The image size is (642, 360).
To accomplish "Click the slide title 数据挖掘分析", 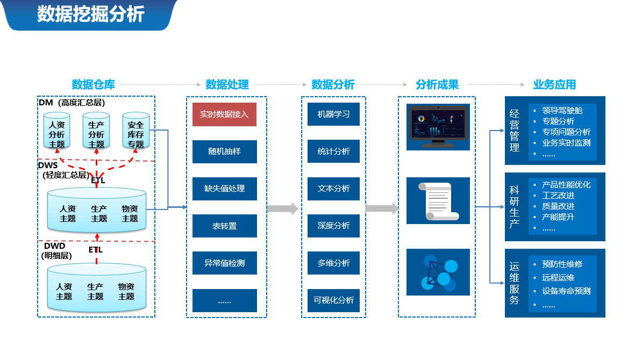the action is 90,14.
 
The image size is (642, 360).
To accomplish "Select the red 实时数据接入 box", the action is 224,114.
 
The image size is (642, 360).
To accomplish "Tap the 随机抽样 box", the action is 224,152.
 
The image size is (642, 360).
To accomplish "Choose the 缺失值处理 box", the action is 224,189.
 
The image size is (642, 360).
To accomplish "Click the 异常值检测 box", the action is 224,263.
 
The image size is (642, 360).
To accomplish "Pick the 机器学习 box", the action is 333,114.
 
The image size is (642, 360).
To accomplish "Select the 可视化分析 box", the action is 333,300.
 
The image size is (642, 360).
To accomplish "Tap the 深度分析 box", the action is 333,226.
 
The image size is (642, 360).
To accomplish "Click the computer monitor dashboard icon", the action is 438,127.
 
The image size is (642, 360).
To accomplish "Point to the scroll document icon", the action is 438,201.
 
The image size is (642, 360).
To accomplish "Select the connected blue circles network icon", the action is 438,272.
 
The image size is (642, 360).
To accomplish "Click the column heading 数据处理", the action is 227,85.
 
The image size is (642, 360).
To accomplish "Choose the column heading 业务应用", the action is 554,85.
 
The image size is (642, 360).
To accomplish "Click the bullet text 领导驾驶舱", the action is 562,111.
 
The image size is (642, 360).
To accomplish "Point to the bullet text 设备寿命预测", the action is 566,291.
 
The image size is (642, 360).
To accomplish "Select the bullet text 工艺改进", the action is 558,196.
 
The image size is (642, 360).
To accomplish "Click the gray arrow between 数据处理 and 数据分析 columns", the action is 282,208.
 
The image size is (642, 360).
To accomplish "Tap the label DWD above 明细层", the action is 54,246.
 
